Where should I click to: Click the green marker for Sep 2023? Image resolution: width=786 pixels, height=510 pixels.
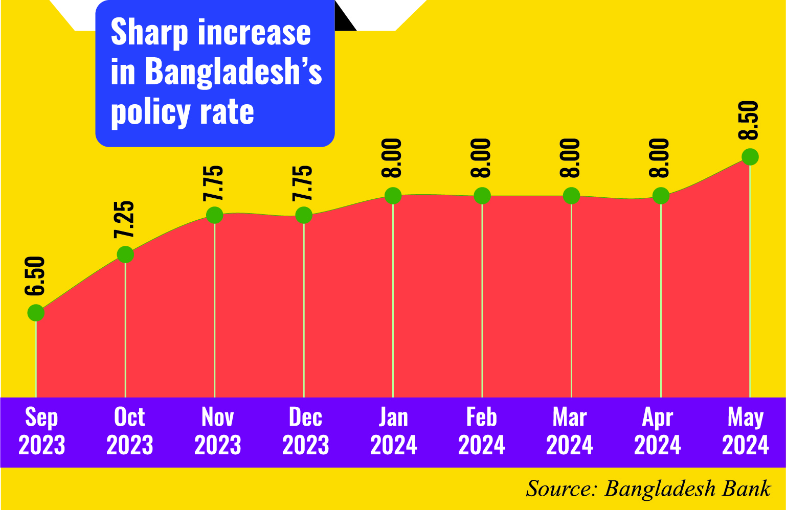(x=36, y=312)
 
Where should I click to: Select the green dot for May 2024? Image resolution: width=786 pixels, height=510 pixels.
(x=750, y=157)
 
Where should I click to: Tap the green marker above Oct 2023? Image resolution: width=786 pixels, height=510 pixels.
(x=125, y=254)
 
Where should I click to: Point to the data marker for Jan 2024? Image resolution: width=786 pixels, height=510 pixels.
(x=393, y=196)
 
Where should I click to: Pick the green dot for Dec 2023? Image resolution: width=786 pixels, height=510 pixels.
(x=304, y=215)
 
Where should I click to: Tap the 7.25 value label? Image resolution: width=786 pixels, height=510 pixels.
(x=124, y=219)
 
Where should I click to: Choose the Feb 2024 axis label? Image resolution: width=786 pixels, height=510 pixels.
(x=481, y=431)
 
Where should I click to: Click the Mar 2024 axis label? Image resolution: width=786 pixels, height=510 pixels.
(x=570, y=431)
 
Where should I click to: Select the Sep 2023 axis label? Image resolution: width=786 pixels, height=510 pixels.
(x=42, y=431)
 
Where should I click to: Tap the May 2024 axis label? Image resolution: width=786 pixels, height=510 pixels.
(x=745, y=431)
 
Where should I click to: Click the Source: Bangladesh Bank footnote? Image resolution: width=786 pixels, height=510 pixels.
(x=648, y=489)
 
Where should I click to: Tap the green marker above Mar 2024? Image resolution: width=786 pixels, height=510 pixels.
(x=571, y=196)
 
